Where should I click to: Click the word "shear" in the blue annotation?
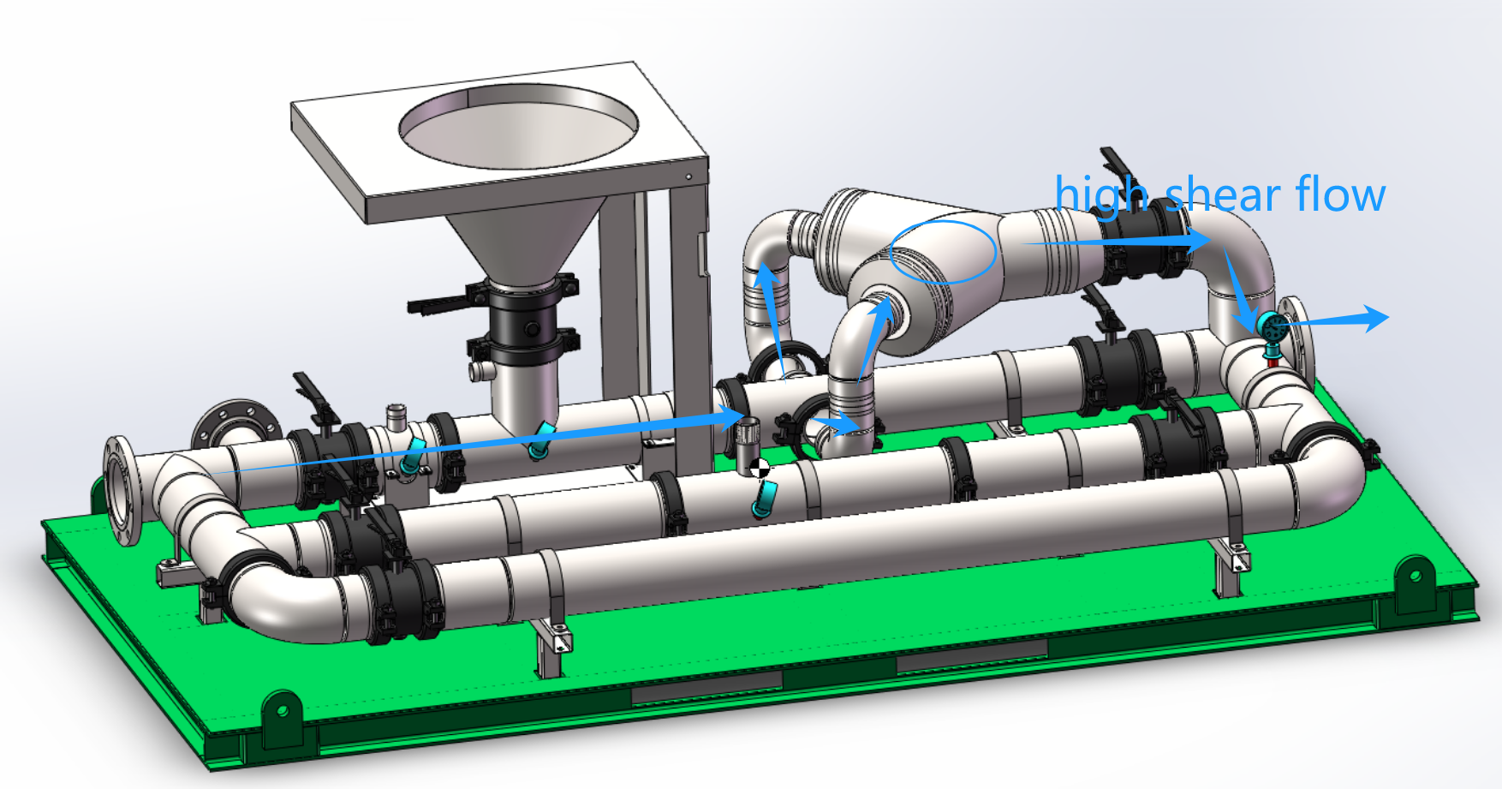point(1225,194)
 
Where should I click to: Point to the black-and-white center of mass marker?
point(759,468)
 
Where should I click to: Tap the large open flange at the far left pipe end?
point(122,490)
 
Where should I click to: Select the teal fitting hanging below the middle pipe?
point(763,500)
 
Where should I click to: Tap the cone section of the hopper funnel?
point(522,240)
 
